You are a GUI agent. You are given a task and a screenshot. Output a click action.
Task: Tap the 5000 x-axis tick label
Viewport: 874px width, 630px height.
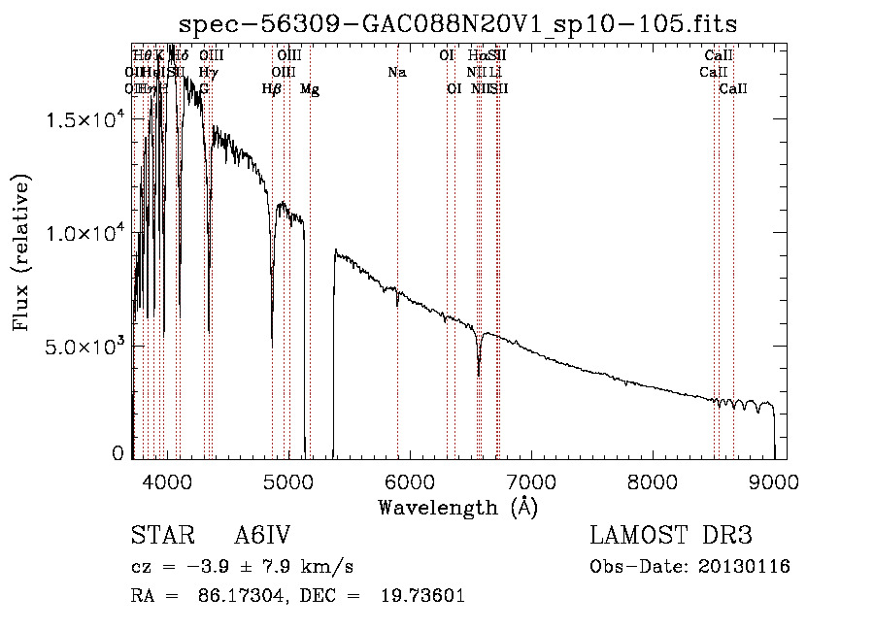click(288, 480)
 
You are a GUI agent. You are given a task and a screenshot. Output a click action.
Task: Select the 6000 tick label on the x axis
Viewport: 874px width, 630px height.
click(410, 480)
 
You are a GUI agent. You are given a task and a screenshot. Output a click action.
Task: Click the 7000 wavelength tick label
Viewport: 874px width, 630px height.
click(531, 480)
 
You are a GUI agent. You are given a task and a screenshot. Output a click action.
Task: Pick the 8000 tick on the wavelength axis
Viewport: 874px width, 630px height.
click(653, 480)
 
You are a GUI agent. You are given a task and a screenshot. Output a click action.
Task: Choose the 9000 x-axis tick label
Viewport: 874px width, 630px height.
click(774, 480)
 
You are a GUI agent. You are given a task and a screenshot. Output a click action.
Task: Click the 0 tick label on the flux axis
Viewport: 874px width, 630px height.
click(118, 453)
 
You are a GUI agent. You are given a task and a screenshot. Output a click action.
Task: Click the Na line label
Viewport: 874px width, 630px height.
click(396, 73)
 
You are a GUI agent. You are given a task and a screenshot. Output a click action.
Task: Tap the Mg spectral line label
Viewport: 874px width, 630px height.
click(309, 89)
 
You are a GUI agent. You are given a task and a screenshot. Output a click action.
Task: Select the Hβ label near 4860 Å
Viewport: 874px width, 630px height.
click(272, 89)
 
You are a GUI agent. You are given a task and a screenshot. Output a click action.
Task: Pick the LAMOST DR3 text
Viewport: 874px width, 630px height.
click(671, 536)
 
